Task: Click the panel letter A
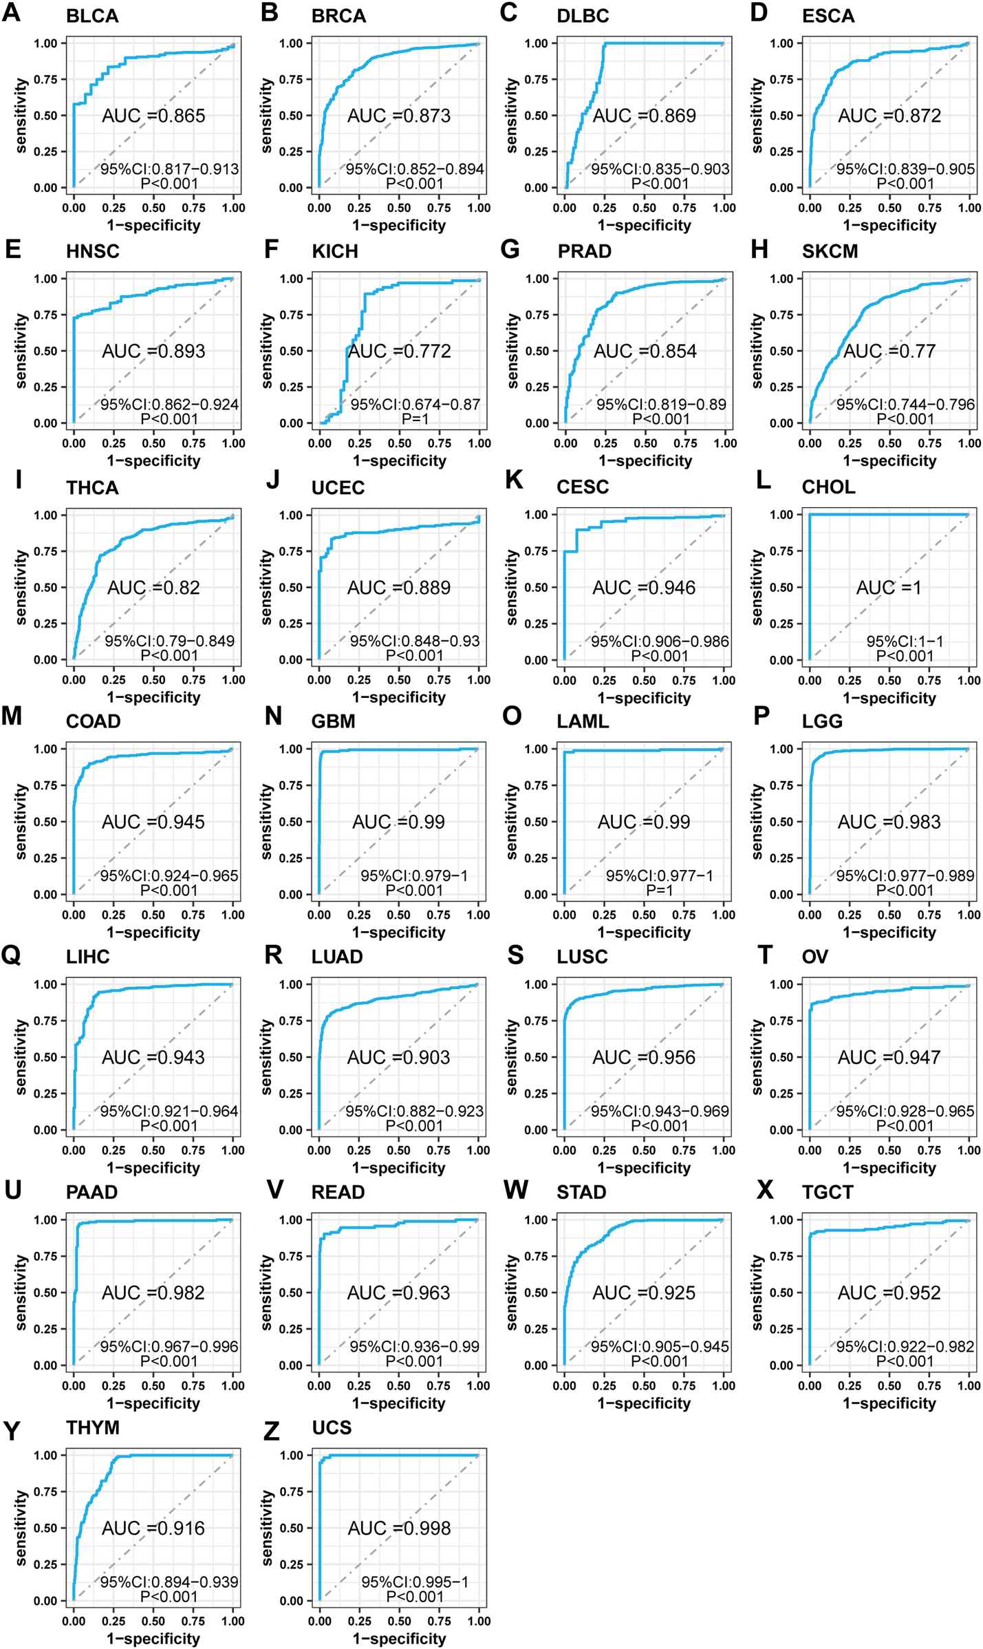click(11, 13)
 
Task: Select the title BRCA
click(338, 16)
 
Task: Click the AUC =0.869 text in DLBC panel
click(644, 116)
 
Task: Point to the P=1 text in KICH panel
click(415, 419)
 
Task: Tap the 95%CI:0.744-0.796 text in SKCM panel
click(905, 405)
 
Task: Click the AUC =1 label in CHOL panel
click(888, 588)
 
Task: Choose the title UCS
click(332, 1428)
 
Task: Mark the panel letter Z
click(272, 1432)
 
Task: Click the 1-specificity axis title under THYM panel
click(153, 1639)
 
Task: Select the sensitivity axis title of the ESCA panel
click(757, 115)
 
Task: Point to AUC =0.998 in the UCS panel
click(399, 1528)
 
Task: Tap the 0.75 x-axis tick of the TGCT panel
click(929, 1385)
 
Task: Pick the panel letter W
click(516, 1190)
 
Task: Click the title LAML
click(583, 721)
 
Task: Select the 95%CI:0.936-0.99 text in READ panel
click(414, 1346)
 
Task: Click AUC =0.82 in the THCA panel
click(153, 588)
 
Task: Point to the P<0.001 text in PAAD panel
click(169, 1361)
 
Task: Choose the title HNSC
click(93, 251)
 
